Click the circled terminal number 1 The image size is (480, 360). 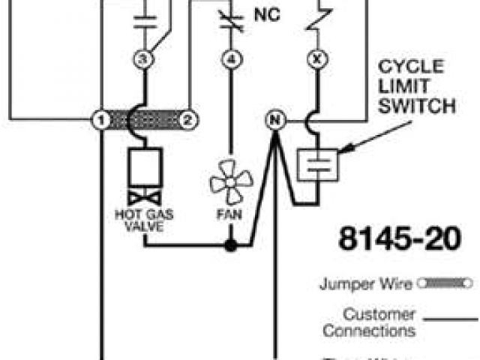pyautogui.click(x=97, y=118)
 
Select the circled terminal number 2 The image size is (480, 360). pyautogui.click(x=190, y=118)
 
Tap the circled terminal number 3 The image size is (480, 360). pyautogui.click(x=144, y=58)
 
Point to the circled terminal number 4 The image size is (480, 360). pyautogui.click(x=232, y=58)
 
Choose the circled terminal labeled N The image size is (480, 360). pyautogui.click(x=274, y=118)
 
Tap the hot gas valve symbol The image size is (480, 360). pyautogui.click(x=144, y=176)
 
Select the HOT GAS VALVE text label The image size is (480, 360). pyautogui.click(x=144, y=220)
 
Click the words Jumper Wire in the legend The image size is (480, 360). pyautogui.click(x=366, y=284)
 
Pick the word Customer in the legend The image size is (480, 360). pyautogui.click(x=379, y=314)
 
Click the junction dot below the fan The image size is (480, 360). pyautogui.click(x=232, y=245)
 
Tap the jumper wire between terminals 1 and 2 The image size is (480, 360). pyautogui.click(x=144, y=118)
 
